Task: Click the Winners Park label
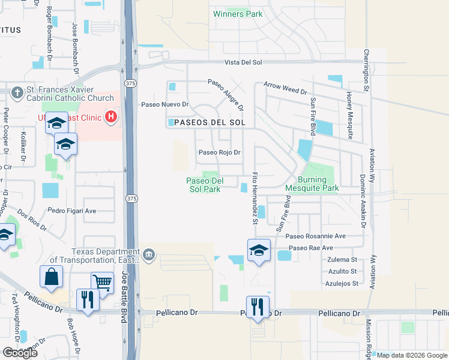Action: pos(238,14)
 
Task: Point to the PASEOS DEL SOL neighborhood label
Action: pos(211,122)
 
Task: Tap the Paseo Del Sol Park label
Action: pos(205,184)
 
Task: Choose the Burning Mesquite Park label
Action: pos(319,184)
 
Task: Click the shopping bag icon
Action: pos(51,277)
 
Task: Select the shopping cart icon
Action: pos(102,282)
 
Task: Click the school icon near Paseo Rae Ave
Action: pos(259,250)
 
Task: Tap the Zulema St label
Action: pos(342,260)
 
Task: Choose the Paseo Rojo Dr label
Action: pos(220,152)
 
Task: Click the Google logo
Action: pos(20,353)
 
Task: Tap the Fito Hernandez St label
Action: pos(255,199)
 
